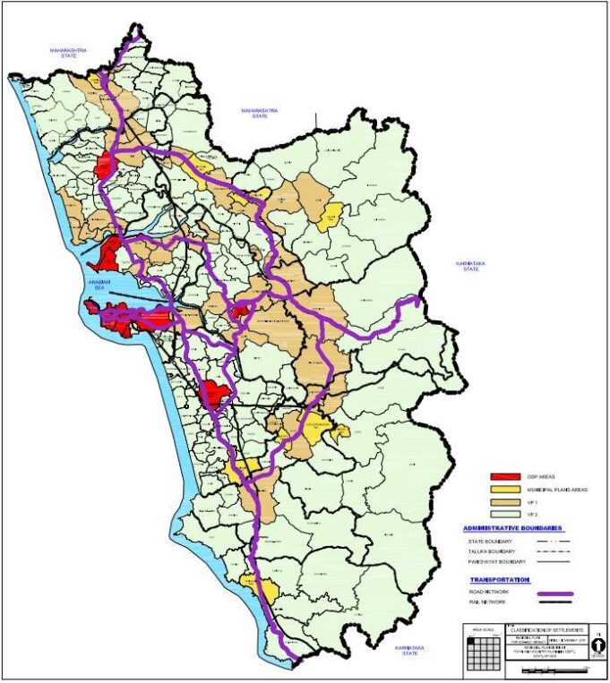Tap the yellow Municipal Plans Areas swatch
click(x=505, y=491)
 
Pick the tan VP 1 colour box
click(x=505, y=503)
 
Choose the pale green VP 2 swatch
click(x=505, y=516)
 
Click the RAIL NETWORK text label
click(x=485, y=606)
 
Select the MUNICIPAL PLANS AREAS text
click(x=554, y=491)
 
